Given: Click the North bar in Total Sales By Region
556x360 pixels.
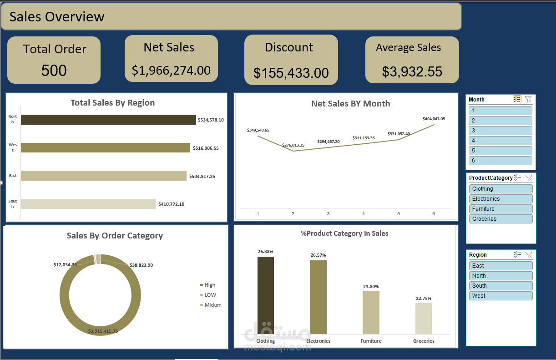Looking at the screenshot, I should pos(108,120).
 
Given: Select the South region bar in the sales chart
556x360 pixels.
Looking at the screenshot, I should pos(88,204).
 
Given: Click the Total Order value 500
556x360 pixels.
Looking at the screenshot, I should pos(54,71).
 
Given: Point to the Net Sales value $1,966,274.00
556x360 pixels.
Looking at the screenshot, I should pos(171,70).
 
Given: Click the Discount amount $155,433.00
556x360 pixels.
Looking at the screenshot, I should pos(291,73).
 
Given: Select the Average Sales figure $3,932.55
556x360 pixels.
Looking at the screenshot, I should pos(412,71).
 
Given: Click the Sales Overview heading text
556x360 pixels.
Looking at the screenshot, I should pos(57,17).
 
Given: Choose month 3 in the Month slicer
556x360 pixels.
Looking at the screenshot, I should pos(500,131).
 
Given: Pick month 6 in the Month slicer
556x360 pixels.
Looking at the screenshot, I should pos(500,161).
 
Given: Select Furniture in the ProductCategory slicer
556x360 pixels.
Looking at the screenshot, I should pos(500,209).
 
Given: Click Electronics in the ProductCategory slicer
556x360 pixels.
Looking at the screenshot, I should pos(500,199).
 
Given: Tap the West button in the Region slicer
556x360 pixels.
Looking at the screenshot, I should pos(500,296).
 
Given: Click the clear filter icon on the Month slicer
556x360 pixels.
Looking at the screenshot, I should pos(528,99).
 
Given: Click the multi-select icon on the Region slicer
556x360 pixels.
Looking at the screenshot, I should pos(517,255).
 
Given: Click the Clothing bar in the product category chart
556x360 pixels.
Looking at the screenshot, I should pos(266,295).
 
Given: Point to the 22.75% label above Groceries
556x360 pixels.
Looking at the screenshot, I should pos(424,299).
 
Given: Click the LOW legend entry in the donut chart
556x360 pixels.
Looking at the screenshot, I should pos(210,295).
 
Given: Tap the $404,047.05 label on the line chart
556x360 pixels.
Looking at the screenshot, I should pos(434,119).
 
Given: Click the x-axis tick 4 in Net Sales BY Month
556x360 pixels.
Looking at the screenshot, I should pos(363,214).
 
